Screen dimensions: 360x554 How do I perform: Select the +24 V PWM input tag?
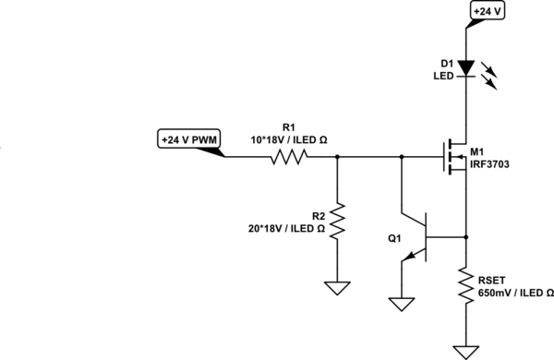pyautogui.click(x=189, y=140)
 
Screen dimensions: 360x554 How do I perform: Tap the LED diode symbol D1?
pyautogui.click(x=465, y=67)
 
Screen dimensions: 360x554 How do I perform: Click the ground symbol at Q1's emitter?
pyautogui.click(x=401, y=302)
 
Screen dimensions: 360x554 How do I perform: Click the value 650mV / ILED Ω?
pyautogui.click(x=515, y=293)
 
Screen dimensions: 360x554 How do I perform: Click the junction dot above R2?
pyautogui.click(x=337, y=158)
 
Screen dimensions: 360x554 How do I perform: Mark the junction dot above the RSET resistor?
pyautogui.click(x=465, y=236)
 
